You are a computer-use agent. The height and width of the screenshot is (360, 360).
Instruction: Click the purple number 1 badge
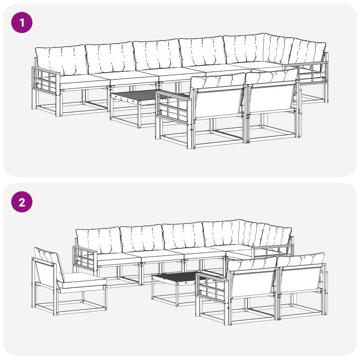coord(22,22)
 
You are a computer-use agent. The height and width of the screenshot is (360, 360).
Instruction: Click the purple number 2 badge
coord(22,202)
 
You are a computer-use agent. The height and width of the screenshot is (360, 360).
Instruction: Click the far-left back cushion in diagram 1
coord(61,60)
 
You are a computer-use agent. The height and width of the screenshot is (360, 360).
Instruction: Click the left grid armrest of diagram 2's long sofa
coord(85,256)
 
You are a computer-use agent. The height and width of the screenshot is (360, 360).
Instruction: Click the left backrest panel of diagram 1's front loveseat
coord(219,103)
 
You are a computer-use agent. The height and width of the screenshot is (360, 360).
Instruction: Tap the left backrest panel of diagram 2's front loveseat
coord(253,283)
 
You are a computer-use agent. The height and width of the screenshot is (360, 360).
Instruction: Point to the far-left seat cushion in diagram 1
coord(83,81)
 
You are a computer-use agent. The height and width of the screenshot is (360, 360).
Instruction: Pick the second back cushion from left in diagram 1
coord(110,58)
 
